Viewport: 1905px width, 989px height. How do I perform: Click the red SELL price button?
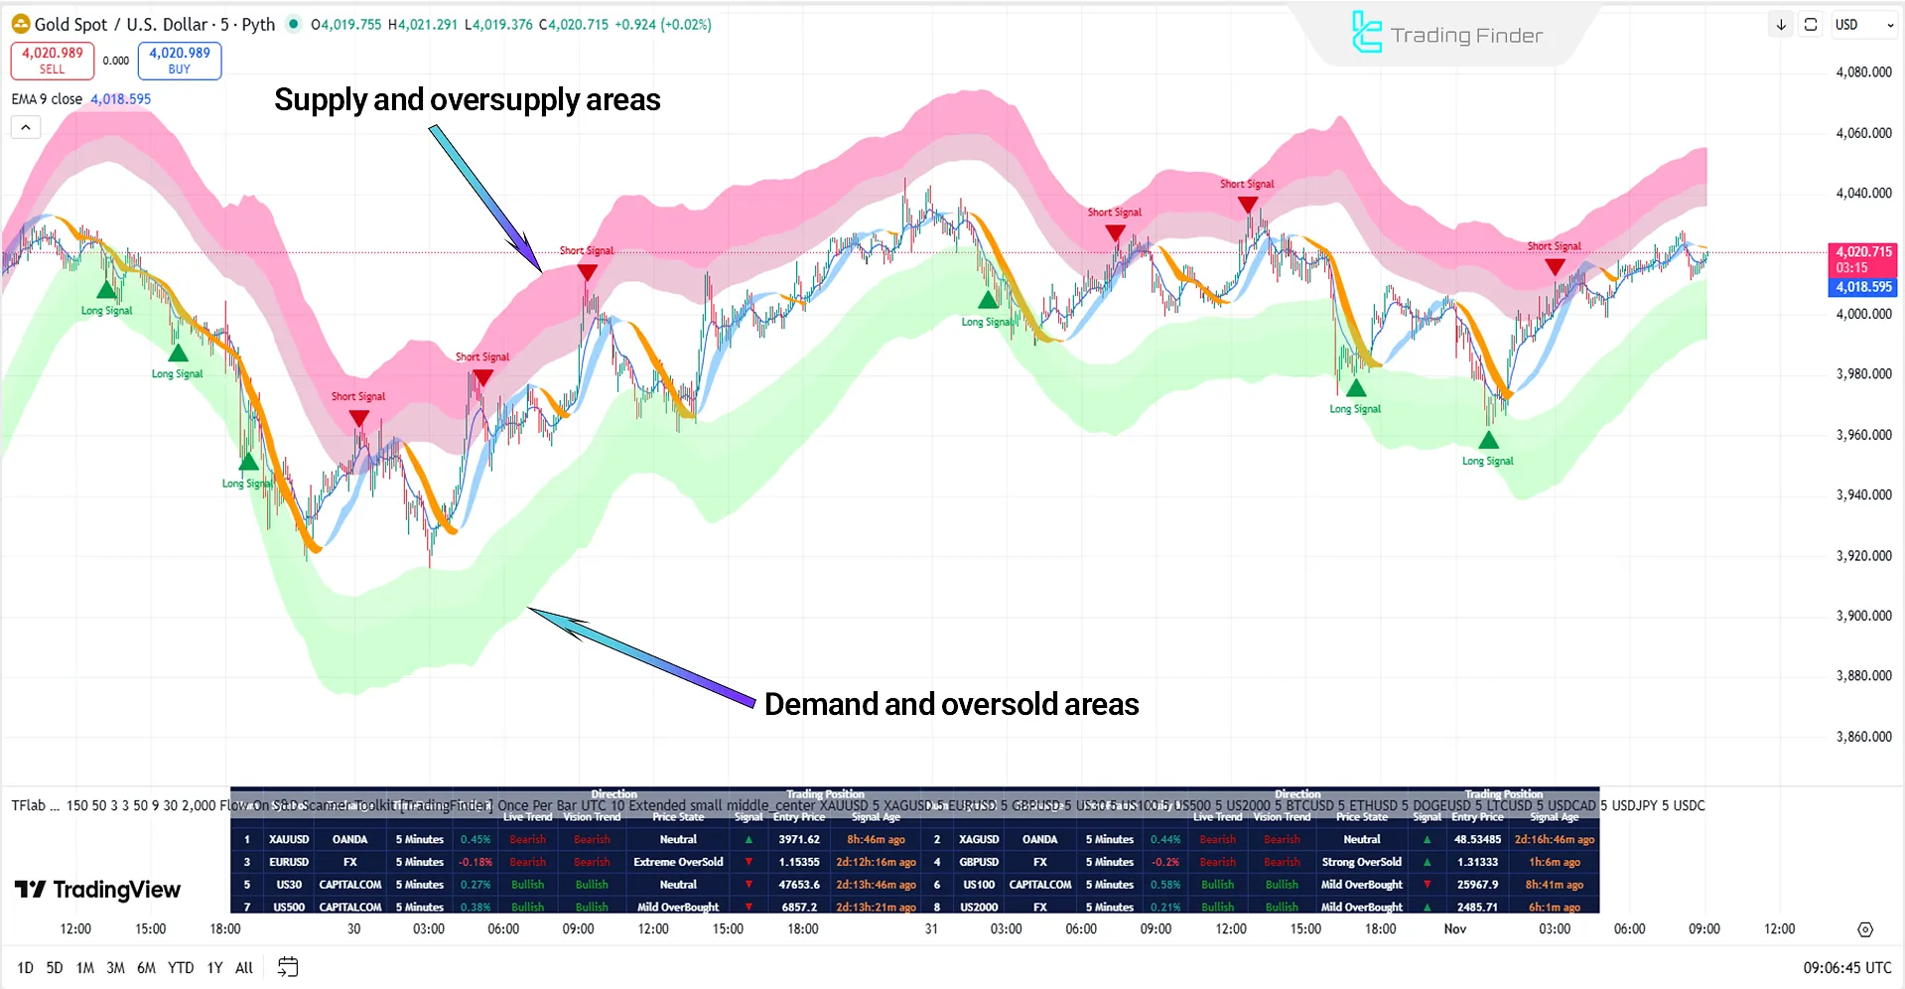[53, 61]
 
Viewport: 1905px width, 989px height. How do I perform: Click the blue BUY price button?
[180, 61]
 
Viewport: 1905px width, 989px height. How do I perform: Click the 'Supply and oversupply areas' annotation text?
[467, 99]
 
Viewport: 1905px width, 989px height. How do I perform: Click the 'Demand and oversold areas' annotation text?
[951, 704]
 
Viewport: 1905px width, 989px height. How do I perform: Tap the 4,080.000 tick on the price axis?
[1863, 72]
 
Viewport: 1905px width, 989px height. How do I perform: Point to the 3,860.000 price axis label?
[1863, 737]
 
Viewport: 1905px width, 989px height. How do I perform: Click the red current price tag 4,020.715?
[1862, 252]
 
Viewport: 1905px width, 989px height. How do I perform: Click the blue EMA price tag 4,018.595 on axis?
[1862, 287]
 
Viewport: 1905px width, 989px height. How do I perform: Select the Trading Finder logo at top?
[1447, 35]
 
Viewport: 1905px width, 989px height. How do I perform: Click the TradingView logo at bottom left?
[98, 890]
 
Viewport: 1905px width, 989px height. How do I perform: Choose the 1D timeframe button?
[25, 968]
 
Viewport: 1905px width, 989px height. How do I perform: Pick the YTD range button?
[181, 968]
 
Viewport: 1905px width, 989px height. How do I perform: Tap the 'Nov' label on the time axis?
[1454, 929]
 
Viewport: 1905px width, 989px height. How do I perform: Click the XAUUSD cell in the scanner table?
[289, 840]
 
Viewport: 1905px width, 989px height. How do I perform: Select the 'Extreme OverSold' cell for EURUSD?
[678, 863]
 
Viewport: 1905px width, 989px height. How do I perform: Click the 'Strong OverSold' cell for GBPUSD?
[1361, 863]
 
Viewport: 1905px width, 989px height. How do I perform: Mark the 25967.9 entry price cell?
[1477, 885]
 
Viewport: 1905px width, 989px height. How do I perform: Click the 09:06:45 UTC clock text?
[1846, 968]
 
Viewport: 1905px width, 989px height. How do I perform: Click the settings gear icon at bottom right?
[1864, 930]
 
